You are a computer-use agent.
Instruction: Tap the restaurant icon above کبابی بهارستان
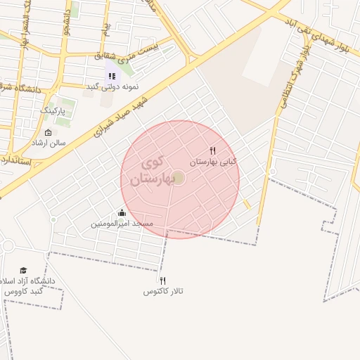coord(212,150)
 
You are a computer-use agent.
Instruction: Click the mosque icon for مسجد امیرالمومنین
coord(122,213)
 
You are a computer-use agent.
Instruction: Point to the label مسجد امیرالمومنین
coord(122,224)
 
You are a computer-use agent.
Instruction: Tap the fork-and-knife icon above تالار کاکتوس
coord(163,281)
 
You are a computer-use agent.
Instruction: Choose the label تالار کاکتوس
coord(163,291)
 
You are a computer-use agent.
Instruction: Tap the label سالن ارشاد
coord(48,143)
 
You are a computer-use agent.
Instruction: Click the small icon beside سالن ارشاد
coord(48,133)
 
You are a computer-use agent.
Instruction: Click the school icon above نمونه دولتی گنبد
coord(111,75)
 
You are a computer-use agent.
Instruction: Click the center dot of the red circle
coord(179,179)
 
